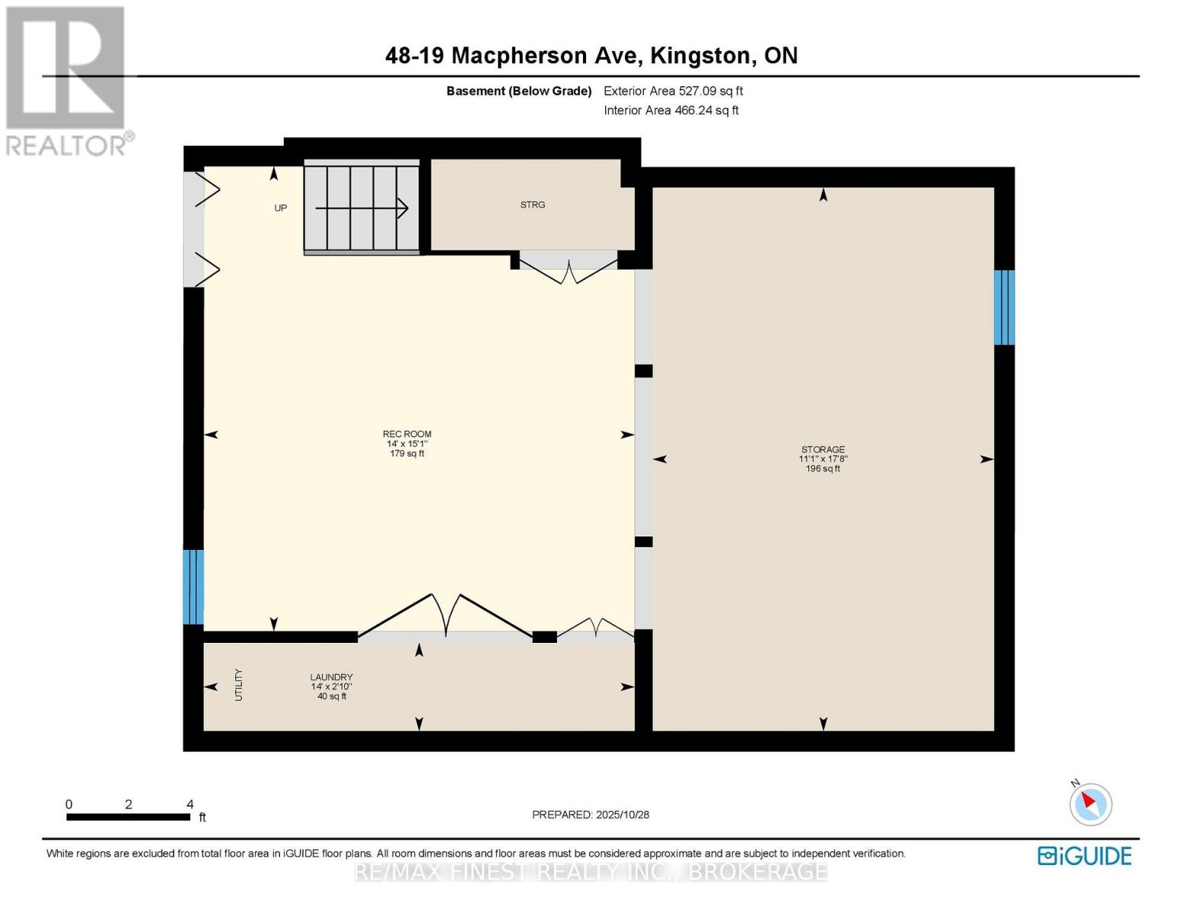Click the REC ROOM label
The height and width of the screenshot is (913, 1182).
click(x=406, y=434)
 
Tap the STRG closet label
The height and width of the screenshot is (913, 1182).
click(x=532, y=205)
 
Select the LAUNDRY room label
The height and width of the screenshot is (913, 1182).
click(x=331, y=677)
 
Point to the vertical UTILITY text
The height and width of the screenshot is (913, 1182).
click(x=238, y=685)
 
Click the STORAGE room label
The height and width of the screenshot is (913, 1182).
click(x=822, y=450)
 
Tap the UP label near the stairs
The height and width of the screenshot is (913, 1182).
click(x=280, y=208)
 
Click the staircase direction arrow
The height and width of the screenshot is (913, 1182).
click(x=362, y=208)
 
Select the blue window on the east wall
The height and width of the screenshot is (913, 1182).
click(x=1004, y=307)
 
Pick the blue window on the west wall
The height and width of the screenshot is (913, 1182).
click(x=193, y=587)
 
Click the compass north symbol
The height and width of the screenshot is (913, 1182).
click(x=1090, y=803)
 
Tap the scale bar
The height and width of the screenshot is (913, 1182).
click(x=128, y=817)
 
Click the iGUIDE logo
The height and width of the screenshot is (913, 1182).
click(x=1084, y=856)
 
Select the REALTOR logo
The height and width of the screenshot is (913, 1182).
click(x=66, y=80)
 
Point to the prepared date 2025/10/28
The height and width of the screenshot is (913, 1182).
click(x=590, y=815)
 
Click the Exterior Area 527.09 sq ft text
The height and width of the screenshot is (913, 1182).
click(x=673, y=91)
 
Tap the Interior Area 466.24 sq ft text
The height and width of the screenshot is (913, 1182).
click(x=671, y=110)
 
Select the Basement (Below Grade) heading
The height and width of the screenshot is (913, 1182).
click(x=518, y=91)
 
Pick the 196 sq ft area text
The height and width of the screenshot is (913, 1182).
click(x=822, y=469)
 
